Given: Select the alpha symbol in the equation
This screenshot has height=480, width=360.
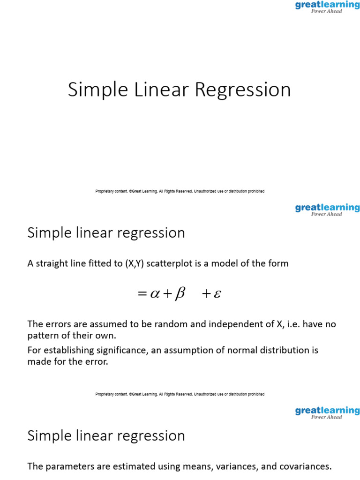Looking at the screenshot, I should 155,294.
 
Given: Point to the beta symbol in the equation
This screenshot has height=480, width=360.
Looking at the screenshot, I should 180,294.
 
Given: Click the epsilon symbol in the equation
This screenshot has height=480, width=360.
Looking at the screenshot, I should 217,294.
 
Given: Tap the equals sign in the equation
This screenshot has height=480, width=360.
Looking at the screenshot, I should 142,294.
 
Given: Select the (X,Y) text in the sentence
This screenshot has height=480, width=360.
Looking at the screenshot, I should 136,263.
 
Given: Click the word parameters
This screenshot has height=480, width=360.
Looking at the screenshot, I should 67,466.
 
